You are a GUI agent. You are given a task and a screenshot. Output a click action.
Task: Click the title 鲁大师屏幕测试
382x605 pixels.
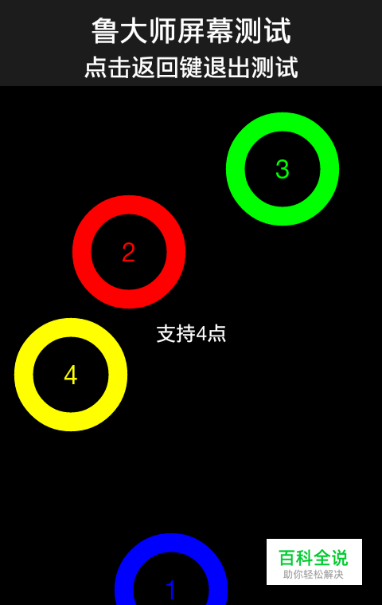click(191, 31)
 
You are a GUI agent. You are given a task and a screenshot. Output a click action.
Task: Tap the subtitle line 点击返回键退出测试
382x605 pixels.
click(191, 67)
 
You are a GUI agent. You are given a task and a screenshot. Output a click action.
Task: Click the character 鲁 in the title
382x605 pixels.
click(105, 31)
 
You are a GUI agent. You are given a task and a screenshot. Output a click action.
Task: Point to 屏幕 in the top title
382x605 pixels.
click(205, 31)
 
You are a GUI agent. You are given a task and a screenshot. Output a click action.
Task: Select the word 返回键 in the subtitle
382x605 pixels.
click(167, 67)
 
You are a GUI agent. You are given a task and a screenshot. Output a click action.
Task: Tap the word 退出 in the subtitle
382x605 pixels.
click(227, 67)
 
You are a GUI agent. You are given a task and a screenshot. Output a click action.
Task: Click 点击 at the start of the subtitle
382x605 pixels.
click(107, 67)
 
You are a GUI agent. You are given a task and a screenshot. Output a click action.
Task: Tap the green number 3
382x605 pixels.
click(283, 169)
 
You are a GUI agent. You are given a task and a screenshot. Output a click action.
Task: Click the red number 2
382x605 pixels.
click(129, 252)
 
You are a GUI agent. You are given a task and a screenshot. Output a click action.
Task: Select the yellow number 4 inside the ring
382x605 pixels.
click(71, 375)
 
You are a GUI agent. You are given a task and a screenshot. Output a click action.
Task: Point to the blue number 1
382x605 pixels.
click(171, 590)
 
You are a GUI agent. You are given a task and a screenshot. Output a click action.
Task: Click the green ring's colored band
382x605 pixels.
click(236, 169)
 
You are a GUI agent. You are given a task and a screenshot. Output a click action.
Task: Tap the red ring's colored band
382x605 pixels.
click(82, 252)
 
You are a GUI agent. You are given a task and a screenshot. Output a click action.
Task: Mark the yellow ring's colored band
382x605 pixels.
click(24, 375)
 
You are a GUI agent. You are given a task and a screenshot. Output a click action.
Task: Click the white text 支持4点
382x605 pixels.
click(191, 334)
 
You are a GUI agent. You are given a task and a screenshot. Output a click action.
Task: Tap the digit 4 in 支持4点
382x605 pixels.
click(201, 334)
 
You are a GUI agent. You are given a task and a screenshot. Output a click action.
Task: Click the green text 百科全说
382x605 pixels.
click(314, 558)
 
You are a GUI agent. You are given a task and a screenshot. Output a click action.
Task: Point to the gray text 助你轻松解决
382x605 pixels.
click(313, 575)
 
